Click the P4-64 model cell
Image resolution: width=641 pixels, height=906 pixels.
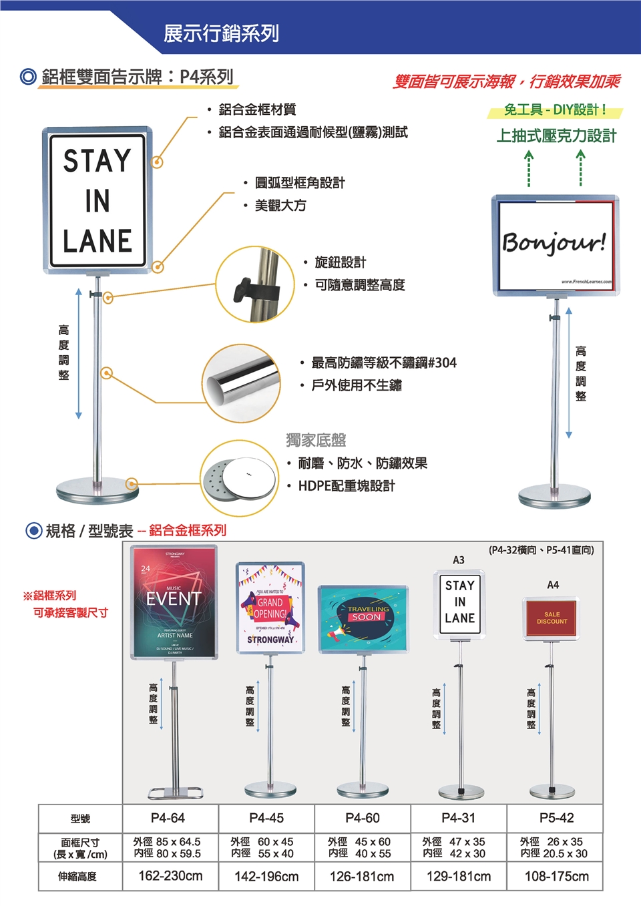(168, 818)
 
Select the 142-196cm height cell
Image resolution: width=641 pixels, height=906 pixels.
(266, 876)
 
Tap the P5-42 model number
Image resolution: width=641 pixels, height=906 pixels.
(556, 818)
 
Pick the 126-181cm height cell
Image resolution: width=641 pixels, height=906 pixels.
(362, 876)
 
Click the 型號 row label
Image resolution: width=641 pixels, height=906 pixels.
(80, 819)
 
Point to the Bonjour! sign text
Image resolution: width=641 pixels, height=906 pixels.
(554, 242)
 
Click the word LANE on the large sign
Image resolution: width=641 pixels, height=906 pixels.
(97, 241)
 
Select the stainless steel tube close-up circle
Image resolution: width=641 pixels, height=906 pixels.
(241, 383)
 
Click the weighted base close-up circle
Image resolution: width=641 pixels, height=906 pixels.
(240, 478)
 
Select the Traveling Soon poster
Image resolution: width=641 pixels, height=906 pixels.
(363, 618)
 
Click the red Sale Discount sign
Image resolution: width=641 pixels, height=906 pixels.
(552, 618)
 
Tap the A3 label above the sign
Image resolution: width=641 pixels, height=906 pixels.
(459, 559)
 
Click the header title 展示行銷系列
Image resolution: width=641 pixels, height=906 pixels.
(221, 33)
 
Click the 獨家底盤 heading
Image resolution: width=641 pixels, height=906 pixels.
(316, 440)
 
